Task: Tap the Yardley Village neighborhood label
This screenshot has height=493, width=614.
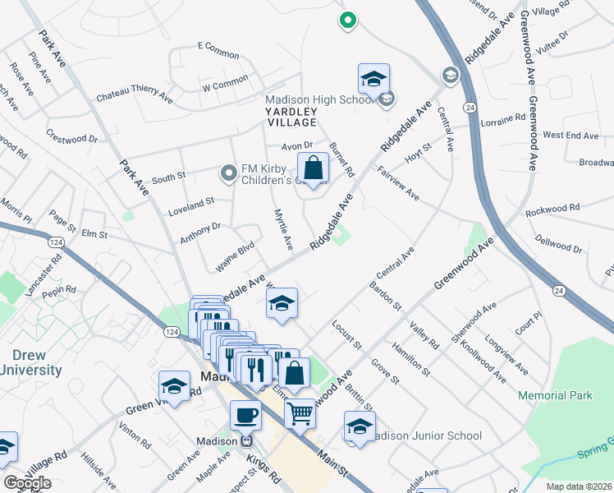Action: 291,116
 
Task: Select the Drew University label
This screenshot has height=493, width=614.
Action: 30,362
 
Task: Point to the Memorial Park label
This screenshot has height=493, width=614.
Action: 555,395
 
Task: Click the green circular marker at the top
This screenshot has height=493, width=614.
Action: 347,21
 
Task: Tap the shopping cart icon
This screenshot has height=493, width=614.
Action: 300,412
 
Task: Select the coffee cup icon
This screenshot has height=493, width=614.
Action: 245,414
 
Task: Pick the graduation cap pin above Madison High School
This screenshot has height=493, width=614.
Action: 373,79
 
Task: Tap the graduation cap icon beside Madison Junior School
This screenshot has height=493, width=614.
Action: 360,426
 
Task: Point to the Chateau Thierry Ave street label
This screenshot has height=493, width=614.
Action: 134,96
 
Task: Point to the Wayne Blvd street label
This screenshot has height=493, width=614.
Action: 236,256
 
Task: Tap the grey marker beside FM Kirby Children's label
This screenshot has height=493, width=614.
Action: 229,173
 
